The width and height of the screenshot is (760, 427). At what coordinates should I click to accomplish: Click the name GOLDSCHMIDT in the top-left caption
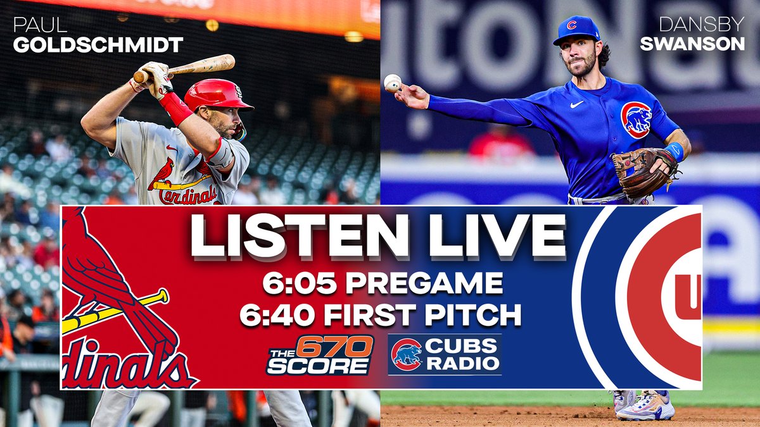pos(98,46)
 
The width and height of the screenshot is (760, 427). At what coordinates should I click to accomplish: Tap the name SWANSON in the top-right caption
pos(692,45)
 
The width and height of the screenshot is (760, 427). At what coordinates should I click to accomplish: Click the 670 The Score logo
pos(320,356)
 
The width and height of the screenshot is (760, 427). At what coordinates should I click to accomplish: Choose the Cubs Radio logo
pos(445,355)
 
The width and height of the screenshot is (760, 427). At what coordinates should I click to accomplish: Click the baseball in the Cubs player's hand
pos(393,83)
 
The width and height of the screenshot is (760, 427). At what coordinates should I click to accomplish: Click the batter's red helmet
pos(215,95)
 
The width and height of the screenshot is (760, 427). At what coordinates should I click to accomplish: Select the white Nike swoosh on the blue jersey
pos(576,104)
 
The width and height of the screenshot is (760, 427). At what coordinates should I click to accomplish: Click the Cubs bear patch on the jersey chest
pos(636,119)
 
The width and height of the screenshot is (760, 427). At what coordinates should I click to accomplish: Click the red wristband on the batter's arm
pos(176,109)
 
